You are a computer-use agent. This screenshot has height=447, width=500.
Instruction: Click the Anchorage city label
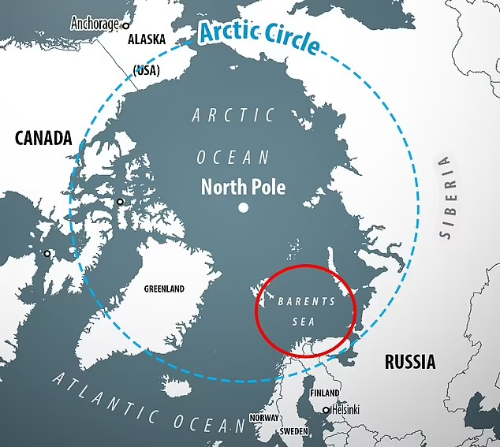click(95, 23)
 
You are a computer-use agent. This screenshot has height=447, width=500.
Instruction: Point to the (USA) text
click(146, 71)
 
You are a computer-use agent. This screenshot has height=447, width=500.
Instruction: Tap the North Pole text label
click(243, 188)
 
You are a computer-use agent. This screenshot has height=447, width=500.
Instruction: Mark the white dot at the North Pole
click(243, 208)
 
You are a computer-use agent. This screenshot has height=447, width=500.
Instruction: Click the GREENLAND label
click(164, 289)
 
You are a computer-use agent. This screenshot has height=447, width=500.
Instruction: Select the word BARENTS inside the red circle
click(307, 301)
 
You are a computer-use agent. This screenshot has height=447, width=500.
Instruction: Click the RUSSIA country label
click(409, 362)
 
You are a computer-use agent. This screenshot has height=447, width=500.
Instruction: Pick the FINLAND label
click(324, 393)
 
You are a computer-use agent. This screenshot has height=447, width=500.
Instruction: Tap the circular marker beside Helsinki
click(326, 410)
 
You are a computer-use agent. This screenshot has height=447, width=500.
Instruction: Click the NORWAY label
click(264, 418)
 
